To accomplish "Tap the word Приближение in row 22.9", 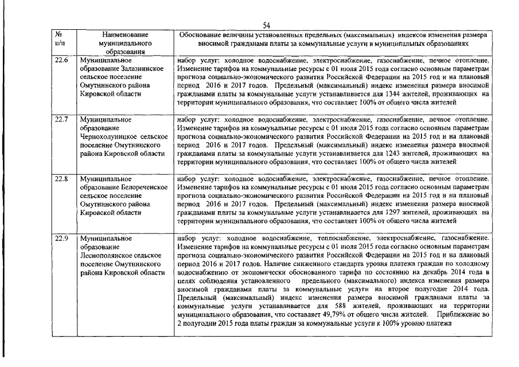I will (461, 315).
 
